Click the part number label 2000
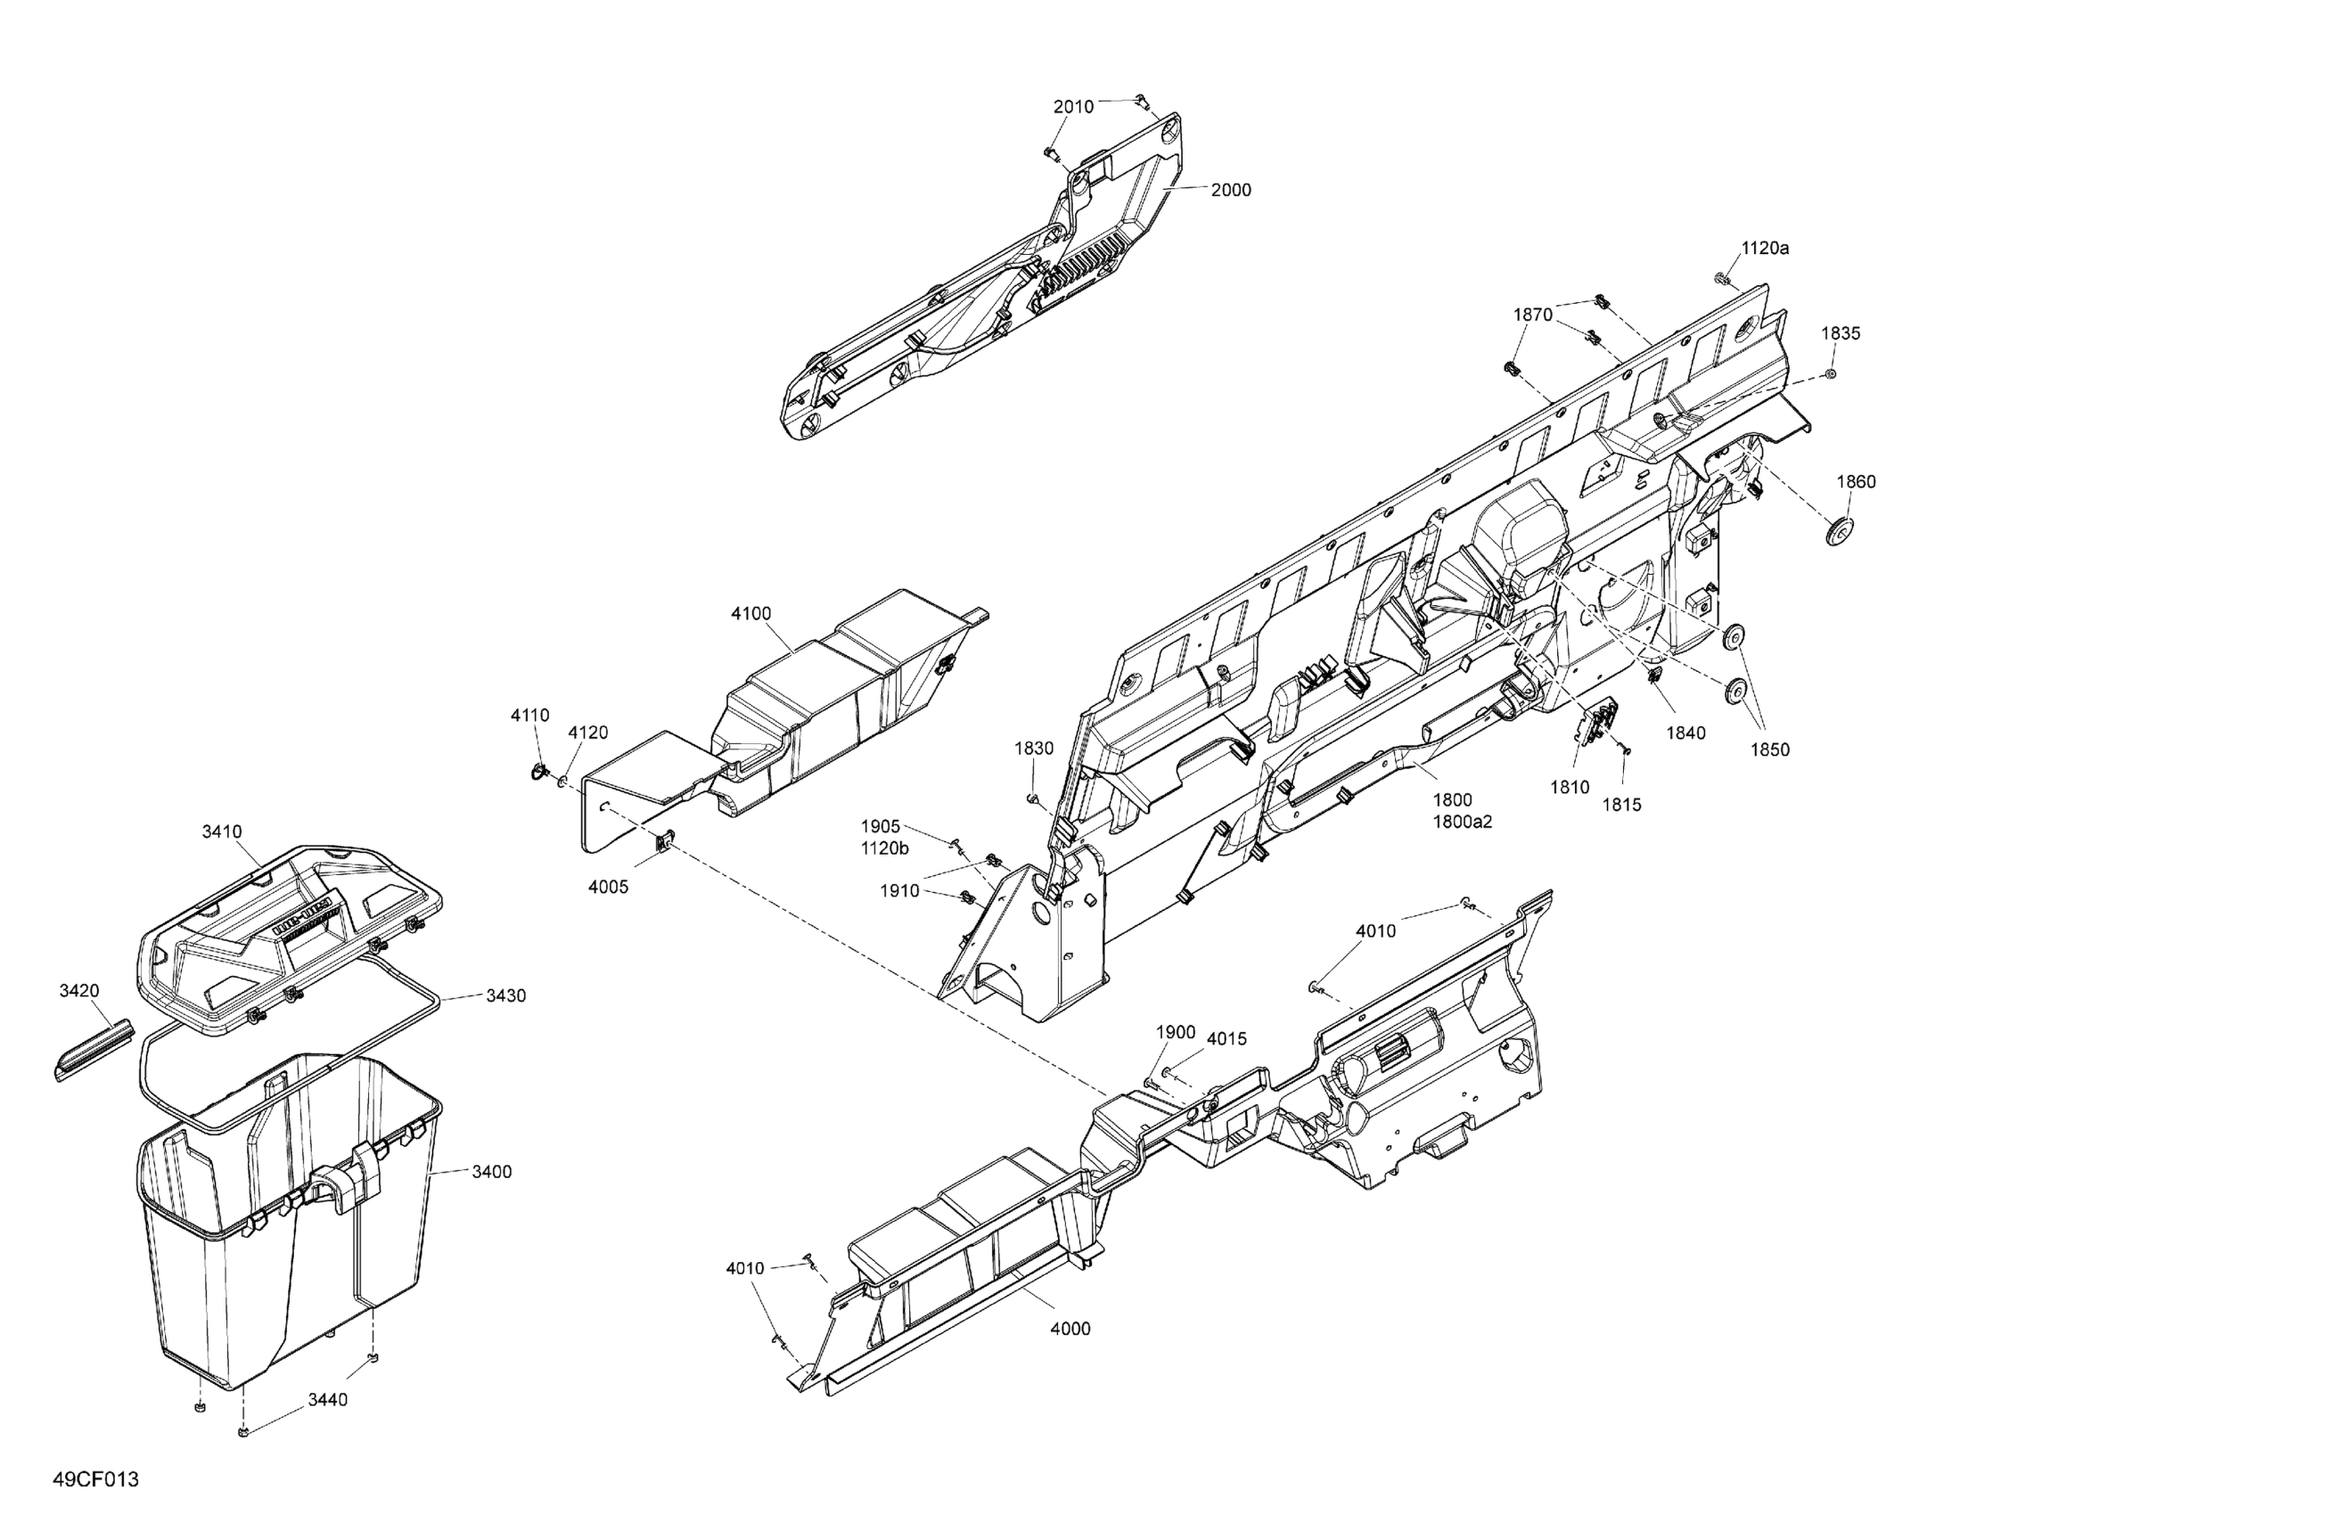[x=1230, y=190]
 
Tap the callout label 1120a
[x=1765, y=249]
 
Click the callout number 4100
[x=751, y=614]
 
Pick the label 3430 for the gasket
[x=505, y=995]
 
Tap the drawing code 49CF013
[x=96, y=1479]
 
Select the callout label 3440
[x=327, y=1400]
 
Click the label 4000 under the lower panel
[x=1070, y=1329]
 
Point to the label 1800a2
[x=1462, y=822]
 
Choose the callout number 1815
[x=1621, y=804]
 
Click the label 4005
[x=608, y=887]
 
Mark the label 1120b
[x=884, y=848]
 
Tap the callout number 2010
[x=1073, y=107]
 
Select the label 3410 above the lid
[x=222, y=831]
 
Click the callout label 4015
[x=1226, y=1039]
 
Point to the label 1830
[x=1034, y=749]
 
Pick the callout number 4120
[x=588, y=733]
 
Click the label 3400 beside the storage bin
[x=491, y=1171]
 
